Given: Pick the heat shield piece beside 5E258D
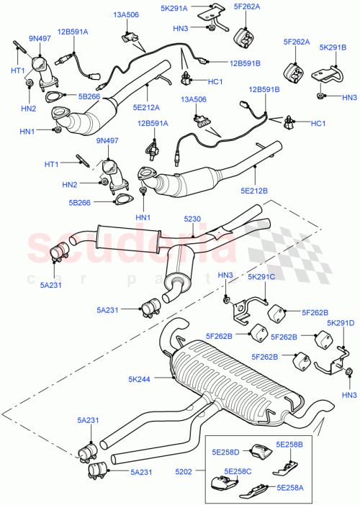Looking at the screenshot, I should [x=258, y=452].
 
